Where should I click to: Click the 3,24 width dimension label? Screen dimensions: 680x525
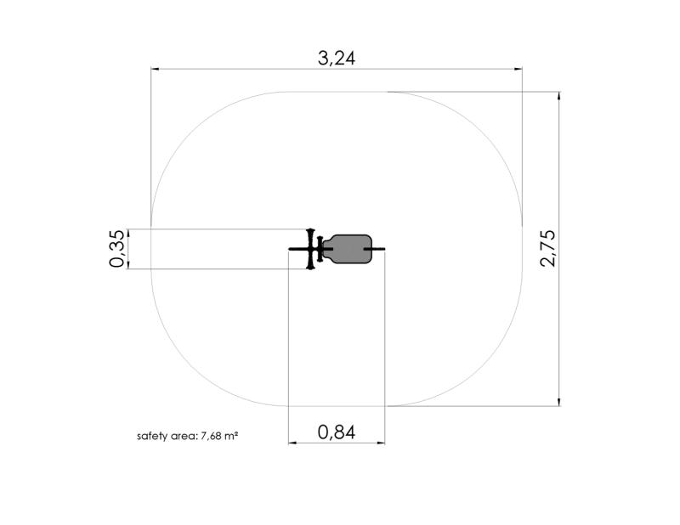point(337,58)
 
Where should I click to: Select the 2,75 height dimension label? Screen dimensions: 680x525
point(548,248)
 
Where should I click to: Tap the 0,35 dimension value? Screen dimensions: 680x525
point(117,249)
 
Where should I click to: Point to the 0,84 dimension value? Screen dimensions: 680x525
point(337,432)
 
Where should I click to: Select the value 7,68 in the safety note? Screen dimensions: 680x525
point(211,436)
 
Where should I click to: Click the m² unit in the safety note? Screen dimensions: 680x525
point(230,436)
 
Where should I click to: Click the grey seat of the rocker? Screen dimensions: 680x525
point(348,249)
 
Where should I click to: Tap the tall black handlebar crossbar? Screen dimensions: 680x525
point(309,249)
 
